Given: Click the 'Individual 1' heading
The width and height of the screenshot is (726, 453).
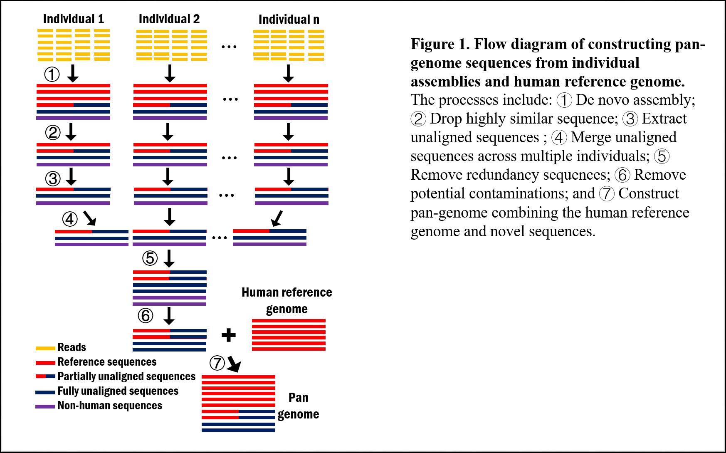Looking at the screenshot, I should pos(74,19).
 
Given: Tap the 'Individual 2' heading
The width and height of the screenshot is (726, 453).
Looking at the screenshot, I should pos(169,19).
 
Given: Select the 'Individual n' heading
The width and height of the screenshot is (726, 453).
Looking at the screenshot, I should pos(289,20).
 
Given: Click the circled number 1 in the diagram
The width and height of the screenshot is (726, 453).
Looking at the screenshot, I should pos(52,75).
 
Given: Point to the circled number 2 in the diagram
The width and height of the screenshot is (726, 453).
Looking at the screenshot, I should pos(53,133).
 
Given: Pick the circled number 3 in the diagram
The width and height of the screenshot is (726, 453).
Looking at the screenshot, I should pos(53,179).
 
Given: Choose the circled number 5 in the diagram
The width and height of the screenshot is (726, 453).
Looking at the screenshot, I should pos(150,258).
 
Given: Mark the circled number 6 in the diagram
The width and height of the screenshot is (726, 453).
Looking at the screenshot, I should pos(145,316).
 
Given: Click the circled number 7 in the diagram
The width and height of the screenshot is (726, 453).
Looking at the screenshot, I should pos(217,363).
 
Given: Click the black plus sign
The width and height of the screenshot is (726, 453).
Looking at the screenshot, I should pos(228,335).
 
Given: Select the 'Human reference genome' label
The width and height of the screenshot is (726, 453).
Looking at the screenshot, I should pos(287,300).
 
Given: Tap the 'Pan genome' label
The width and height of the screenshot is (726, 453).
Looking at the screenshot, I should pos(298,406).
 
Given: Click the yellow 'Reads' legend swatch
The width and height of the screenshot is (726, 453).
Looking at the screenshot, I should pos(45,348).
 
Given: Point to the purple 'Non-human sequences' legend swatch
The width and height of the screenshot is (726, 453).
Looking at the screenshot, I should pos(45,406).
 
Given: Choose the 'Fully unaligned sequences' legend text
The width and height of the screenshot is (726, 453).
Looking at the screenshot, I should pos(118,391).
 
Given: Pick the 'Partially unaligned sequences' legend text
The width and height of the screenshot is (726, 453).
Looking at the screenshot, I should pos(126,376).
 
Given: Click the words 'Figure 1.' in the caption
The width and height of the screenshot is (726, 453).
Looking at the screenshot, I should pos(440,44).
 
